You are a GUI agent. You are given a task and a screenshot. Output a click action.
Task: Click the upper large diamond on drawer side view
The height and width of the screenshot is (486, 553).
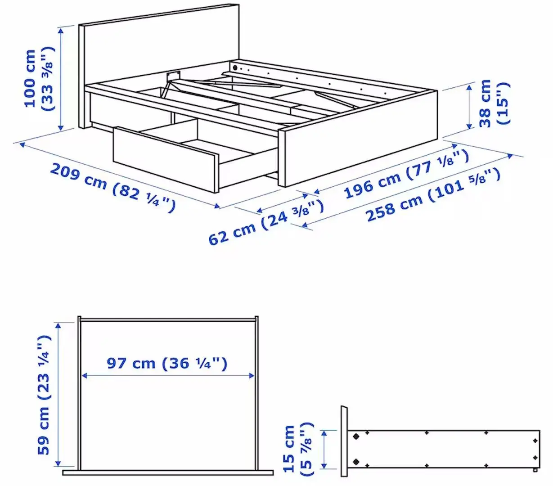click(x=356, y=436)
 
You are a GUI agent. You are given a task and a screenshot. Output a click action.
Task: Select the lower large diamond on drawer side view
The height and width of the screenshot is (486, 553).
click(x=356, y=461)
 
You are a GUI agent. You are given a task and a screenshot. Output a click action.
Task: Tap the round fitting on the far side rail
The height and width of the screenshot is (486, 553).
click(x=235, y=67)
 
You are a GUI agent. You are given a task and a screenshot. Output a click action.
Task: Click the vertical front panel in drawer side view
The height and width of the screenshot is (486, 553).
click(x=344, y=441)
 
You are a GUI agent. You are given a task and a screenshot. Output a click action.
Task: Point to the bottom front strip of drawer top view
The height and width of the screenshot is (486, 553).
click(x=168, y=472)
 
